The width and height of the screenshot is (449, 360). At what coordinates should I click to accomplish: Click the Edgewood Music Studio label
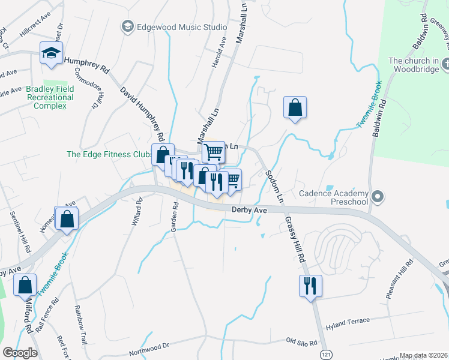pyautogui.click(x=174, y=27)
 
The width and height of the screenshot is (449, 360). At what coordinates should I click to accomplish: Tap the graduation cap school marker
pyautogui.click(x=51, y=53)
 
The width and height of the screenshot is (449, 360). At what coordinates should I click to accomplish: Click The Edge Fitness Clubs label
pyautogui.click(x=108, y=154)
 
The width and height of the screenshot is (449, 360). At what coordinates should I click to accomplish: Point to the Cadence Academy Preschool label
pyautogui.click(x=333, y=197)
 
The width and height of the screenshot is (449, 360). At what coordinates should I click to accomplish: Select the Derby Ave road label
pyautogui.click(x=249, y=210)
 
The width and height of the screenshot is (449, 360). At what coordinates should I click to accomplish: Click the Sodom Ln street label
pyautogui.click(x=273, y=185)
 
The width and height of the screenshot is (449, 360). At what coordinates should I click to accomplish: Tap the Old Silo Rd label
pyautogui.click(x=301, y=341)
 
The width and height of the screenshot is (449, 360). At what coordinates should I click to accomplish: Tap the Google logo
pyautogui.click(x=20, y=353)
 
